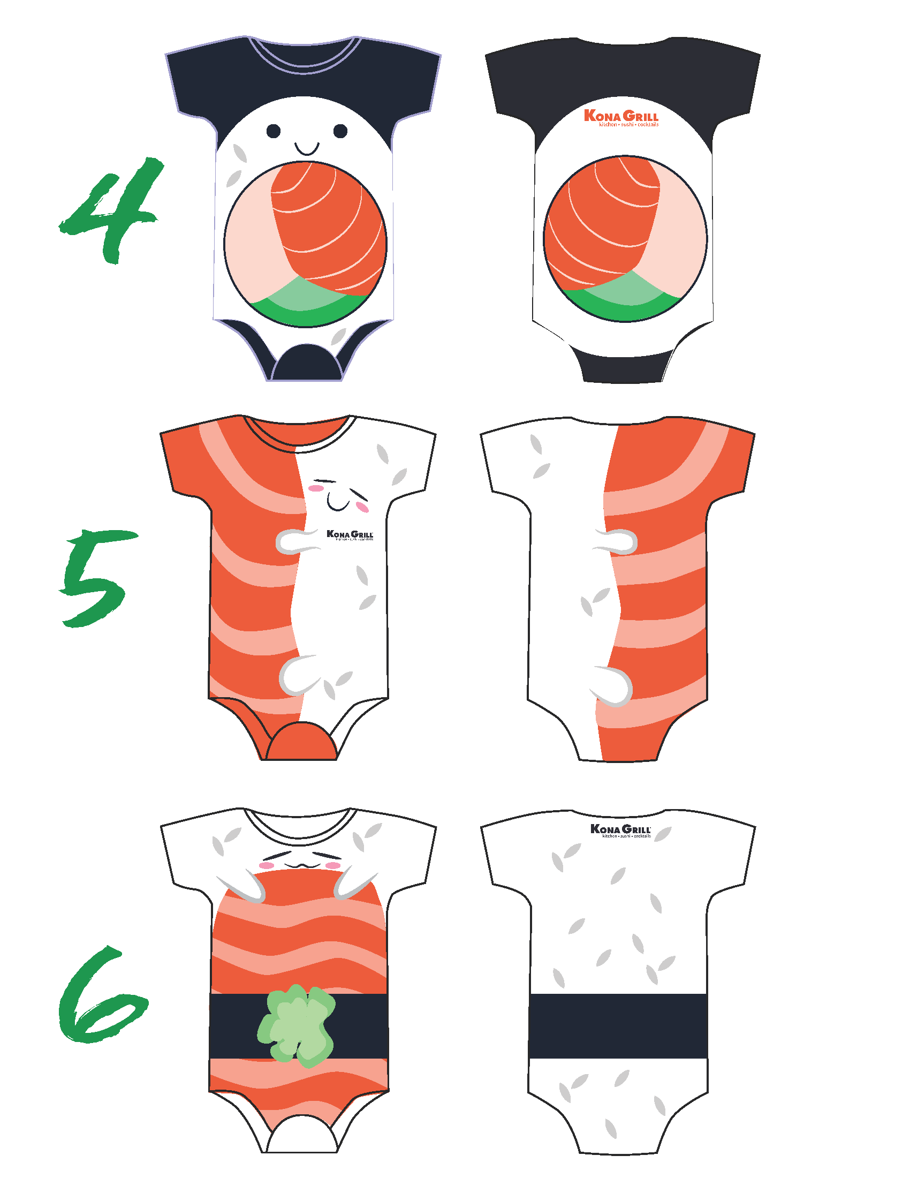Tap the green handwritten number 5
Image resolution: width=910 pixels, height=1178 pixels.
coord(97,580)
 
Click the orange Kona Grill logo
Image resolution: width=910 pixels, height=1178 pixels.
coord(621,118)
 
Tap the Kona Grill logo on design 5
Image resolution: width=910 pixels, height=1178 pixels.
coord(350,535)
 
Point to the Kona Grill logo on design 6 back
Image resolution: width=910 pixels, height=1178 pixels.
coord(620,830)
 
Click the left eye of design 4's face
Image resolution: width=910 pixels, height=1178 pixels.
coord(274,131)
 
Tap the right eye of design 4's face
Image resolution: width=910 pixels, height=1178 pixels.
coord(340,131)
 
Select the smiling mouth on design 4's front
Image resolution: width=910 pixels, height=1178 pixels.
coord(307,148)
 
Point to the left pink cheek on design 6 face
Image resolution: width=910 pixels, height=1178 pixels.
coord(267,866)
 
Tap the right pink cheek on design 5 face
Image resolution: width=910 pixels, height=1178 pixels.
coord(363,508)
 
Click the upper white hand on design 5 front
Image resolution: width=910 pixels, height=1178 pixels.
coord(294,541)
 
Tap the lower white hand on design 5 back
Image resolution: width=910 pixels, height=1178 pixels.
coord(615,686)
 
